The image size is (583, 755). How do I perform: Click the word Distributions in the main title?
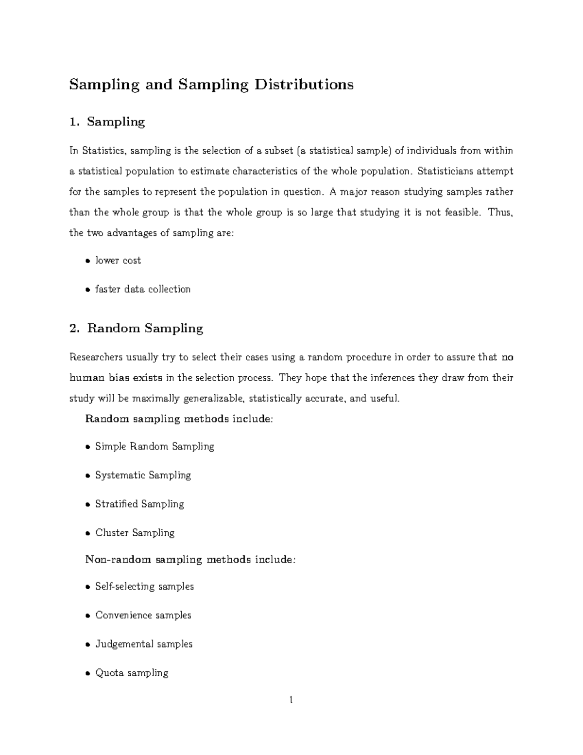[x=305, y=85]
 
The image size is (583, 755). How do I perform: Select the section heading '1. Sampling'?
[x=107, y=122]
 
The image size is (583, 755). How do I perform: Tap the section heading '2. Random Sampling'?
[x=136, y=328]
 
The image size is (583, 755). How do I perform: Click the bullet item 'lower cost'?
[x=118, y=261]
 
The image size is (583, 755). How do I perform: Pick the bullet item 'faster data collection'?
[x=143, y=289]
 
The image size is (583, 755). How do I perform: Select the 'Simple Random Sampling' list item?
[x=154, y=446]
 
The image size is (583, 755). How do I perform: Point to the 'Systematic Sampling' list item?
[x=143, y=475]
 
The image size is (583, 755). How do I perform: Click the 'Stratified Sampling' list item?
[x=139, y=504]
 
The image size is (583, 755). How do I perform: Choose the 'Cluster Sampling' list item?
[x=135, y=533]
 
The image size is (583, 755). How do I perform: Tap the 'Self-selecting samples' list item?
[x=144, y=586]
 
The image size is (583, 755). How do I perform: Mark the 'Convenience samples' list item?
[x=143, y=615]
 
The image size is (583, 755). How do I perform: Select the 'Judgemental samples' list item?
[x=144, y=644]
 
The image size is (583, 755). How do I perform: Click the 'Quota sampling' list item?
[x=132, y=673]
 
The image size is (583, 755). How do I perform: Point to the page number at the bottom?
[x=291, y=700]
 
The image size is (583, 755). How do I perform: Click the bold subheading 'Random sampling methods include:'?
[x=179, y=419]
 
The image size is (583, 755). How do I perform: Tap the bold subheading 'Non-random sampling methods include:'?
[x=190, y=560]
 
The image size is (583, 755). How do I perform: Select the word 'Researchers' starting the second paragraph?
[x=97, y=357]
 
